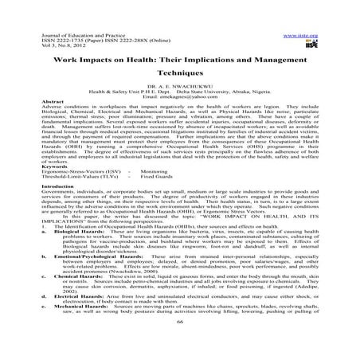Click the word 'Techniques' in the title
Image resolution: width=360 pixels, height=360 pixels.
[179, 69]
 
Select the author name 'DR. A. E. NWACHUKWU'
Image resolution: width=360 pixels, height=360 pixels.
[179, 85]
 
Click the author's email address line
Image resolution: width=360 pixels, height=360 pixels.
[179, 96]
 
